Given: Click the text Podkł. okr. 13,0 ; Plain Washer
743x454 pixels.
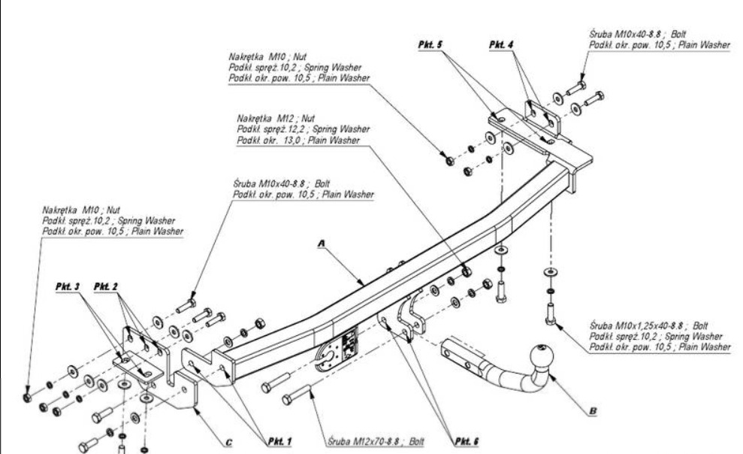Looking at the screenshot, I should coord(298,141).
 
